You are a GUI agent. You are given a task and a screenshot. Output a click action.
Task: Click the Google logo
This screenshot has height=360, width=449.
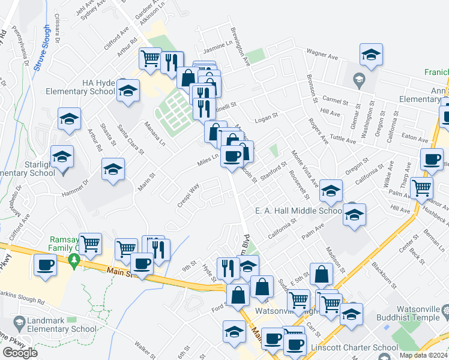(20, 353)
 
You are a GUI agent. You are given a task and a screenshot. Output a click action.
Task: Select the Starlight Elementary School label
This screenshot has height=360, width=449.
(27, 168)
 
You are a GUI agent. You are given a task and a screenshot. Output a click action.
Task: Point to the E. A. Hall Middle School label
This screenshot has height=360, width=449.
(298, 211)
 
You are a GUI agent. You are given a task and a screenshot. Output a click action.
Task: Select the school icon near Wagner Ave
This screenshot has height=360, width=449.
(372, 54)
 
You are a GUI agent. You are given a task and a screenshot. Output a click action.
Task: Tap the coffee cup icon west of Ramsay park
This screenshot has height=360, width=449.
(46, 265)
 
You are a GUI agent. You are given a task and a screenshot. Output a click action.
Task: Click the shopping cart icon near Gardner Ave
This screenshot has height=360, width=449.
(150, 59)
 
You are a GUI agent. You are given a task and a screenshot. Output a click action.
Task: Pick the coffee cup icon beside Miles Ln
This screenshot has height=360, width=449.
(231, 157)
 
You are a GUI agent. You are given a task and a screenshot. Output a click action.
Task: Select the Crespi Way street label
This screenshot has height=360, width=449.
(188, 196)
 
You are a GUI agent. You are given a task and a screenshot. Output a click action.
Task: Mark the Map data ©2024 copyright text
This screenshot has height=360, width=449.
(423, 355)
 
